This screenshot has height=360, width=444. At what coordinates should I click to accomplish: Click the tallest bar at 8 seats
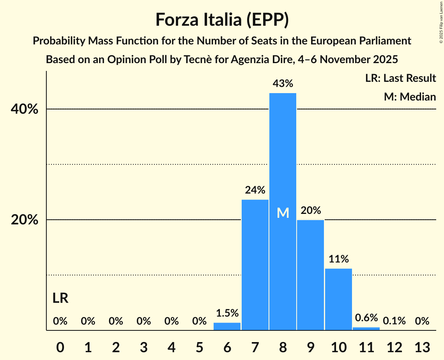pyautogui.click(x=283, y=175)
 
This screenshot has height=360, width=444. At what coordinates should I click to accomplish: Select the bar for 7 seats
pyautogui.click(x=255, y=265)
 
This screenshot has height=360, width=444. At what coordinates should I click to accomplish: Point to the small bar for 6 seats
pyautogui.click(x=227, y=326)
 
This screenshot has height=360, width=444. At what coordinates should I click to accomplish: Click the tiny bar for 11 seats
pyautogui.click(x=366, y=329)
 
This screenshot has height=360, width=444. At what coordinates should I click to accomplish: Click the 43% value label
pyautogui.click(x=283, y=83)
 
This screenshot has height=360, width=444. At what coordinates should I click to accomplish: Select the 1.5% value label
pyautogui.click(x=227, y=313)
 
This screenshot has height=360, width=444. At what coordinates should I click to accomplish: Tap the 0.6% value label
pyautogui.click(x=366, y=318)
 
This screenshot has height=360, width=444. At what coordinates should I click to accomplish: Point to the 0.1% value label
pyautogui.click(x=394, y=321)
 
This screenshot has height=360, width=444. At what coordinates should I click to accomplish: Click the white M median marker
pyautogui.click(x=283, y=213)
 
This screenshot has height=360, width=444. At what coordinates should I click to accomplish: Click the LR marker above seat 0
pyautogui.click(x=60, y=298)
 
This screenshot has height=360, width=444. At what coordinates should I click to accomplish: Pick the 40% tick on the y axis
pyautogui.click(x=25, y=109)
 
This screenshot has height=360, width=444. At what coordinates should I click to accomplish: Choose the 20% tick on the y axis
pyautogui.click(x=25, y=220)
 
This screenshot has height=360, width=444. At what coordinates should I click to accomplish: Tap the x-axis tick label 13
pyautogui.click(x=422, y=347)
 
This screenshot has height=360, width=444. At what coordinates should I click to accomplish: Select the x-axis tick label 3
pyautogui.click(x=143, y=347)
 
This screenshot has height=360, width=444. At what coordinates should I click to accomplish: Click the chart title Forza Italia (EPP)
pyautogui.click(x=222, y=19)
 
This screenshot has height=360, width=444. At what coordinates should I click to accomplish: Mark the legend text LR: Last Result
pyautogui.click(x=400, y=78)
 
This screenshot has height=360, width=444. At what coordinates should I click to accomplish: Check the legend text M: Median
pyautogui.click(x=410, y=97)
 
